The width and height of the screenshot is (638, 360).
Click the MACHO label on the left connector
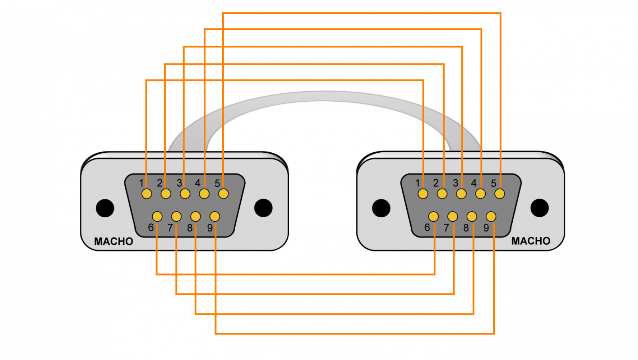point(114,242)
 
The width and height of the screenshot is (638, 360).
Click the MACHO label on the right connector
point(531,241)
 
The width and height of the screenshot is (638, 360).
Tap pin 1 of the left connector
point(147,194)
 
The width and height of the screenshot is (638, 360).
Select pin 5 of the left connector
point(223,194)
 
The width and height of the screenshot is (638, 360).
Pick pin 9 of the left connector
point(215,217)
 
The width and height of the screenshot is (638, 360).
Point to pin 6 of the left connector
point(157,217)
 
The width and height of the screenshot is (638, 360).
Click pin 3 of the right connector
point(461,194)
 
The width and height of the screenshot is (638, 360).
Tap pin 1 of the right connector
point(423,194)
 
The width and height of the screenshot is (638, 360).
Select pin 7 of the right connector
point(453,217)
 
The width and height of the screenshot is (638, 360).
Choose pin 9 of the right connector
point(491,217)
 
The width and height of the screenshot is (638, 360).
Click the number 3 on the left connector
point(179,183)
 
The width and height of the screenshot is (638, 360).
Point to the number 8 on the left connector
point(190,228)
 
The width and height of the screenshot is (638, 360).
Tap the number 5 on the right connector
point(494,183)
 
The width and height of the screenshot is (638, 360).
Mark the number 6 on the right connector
point(427,228)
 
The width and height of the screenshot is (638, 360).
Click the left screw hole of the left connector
point(105,208)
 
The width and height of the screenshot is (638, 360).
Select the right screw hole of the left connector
point(263,208)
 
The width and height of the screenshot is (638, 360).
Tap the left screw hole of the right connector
point(381,208)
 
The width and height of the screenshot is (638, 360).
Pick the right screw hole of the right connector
point(540,208)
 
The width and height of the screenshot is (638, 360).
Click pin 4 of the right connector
point(480,194)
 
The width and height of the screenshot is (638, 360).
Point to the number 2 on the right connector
point(436,183)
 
